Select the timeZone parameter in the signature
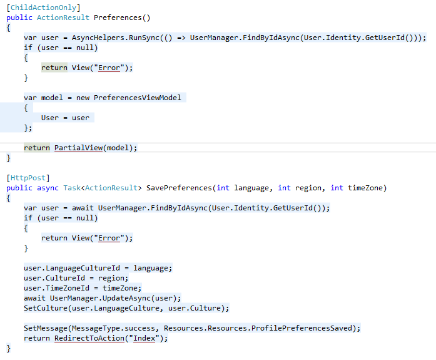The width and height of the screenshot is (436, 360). coord(366,188)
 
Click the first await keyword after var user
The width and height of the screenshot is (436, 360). coord(83,208)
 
